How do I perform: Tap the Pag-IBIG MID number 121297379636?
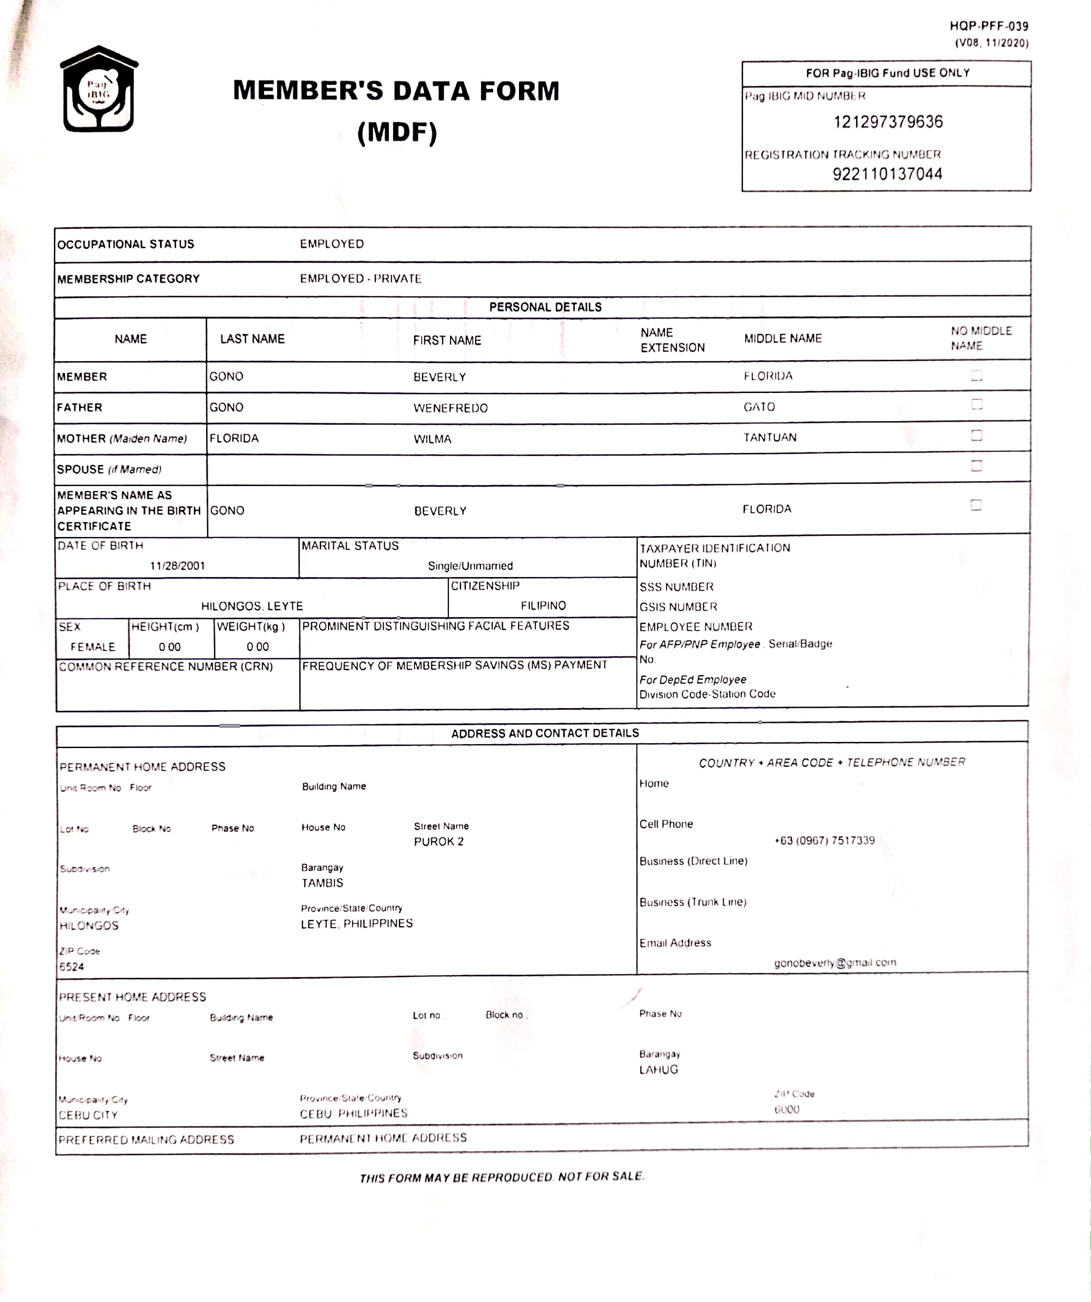888,122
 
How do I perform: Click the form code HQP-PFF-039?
989,26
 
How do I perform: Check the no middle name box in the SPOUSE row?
976,466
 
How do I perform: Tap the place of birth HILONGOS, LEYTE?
252,606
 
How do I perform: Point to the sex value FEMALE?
93,647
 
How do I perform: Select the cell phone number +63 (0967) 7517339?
824,841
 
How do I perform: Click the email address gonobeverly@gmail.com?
835,963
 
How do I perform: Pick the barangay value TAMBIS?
322,883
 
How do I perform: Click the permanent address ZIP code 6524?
72,966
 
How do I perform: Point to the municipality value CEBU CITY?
88,1115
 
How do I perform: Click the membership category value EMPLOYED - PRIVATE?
361,279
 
